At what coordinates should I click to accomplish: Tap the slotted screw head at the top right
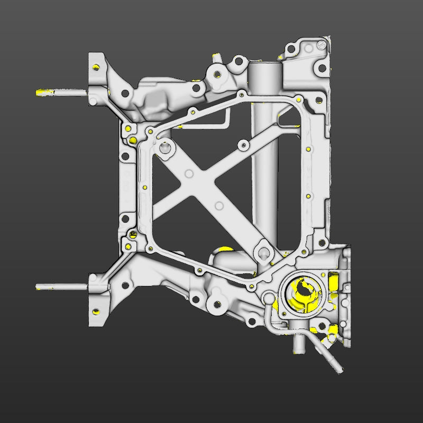click(321, 47)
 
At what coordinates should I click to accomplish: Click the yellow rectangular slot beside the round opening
click(333, 282)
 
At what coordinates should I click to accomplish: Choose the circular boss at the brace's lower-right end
click(263, 252)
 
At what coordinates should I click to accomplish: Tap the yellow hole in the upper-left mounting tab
click(97, 67)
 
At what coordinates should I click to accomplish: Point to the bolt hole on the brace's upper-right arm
click(243, 144)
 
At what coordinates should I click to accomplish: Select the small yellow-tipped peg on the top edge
click(216, 56)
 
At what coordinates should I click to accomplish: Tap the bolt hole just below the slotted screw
click(320, 68)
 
